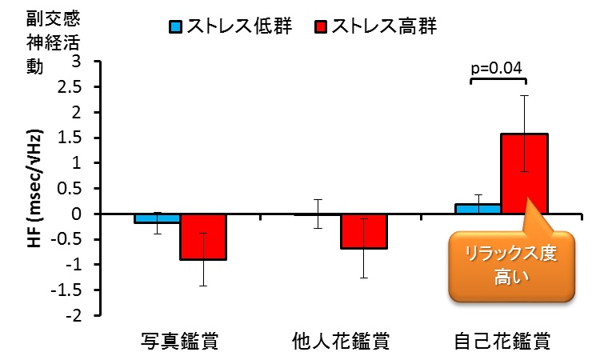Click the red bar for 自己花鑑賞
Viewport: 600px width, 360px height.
(x=525, y=174)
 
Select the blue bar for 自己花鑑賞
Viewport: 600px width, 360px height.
(x=478, y=209)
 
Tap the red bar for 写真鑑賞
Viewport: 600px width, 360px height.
(x=203, y=237)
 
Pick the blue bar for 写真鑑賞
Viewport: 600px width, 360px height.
(x=157, y=218)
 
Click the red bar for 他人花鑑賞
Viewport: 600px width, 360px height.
(x=364, y=231)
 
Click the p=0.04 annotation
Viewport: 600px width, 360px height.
(x=496, y=68)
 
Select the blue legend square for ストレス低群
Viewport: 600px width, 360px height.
(x=176, y=27)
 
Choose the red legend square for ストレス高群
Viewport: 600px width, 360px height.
(x=321, y=27)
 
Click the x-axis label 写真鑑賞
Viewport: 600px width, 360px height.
(x=179, y=341)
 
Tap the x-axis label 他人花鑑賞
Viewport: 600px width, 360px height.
(x=341, y=341)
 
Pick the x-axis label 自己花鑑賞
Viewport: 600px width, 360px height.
(x=502, y=341)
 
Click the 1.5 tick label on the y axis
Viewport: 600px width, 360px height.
(x=70, y=138)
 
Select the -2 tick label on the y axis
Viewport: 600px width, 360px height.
(x=74, y=316)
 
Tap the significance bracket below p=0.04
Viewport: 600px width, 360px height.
(x=498, y=79)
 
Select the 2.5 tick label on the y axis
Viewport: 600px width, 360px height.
(x=70, y=87)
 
